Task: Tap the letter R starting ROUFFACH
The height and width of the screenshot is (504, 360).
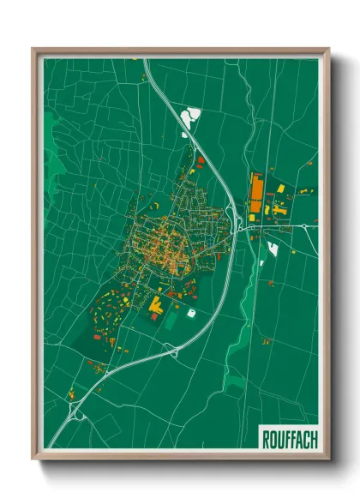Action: pos(263,439)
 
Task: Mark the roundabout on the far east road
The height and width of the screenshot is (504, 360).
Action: pos(304,225)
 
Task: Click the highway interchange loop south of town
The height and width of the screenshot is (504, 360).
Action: pos(174,349)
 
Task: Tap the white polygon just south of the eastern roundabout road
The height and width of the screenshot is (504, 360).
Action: pos(273,249)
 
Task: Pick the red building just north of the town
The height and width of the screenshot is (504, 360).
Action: pos(201,159)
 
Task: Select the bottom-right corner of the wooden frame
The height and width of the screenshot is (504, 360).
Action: pos(328,459)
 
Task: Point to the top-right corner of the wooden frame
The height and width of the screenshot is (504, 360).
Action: pos(328,50)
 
